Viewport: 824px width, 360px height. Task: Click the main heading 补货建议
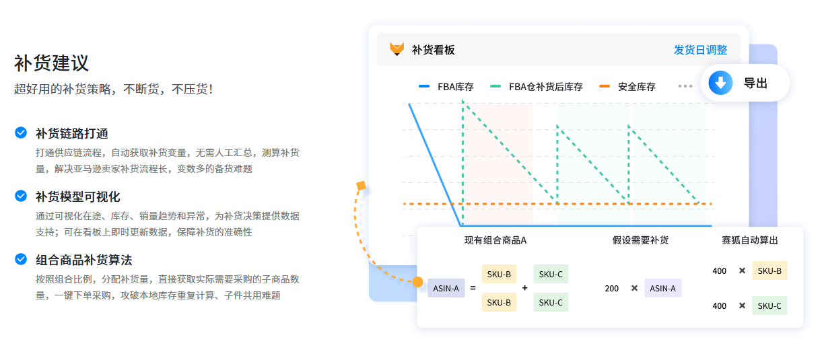pyautogui.click(x=51, y=63)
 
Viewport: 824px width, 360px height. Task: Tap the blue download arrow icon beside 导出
pyautogui.click(x=720, y=83)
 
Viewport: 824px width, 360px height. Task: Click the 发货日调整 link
pyautogui.click(x=700, y=50)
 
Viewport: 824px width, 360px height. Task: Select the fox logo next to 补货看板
pyautogui.click(x=397, y=50)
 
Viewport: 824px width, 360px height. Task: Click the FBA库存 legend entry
pyautogui.click(x=446, y=87)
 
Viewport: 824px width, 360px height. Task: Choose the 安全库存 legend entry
pyautogui.click(x=627, y=87)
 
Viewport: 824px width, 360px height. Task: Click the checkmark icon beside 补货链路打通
pyautogui.click(x=21, y=133)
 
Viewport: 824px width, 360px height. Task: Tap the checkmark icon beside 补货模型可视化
pyautogui.click(x=21, y=196)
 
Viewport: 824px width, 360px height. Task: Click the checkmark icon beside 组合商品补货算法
pyautogui.click(x=21, y=259)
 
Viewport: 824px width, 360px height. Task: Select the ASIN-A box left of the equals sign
pyautogui.click(x=446, y=288)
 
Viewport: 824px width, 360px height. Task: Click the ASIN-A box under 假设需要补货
pyautogui.click(x=663, y=288)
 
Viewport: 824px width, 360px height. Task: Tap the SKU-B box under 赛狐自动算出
pyautogui.click(x=769, y=271)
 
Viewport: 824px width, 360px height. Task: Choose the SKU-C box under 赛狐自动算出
pyautogui.click(x=769, y=305)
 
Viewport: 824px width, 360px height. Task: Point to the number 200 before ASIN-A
pyautogui.click(x=611, y=288)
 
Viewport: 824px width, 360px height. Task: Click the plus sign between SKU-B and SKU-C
pyautogui.click(x=525, y=288)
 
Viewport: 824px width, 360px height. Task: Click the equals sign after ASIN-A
pyautogui.click(x=473, y=288)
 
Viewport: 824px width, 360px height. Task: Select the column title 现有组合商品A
pyautogui.click(x=495, y=240)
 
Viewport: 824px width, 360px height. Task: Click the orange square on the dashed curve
pyautogui.click(x=361, y=185)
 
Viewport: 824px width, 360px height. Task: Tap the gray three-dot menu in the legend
pyautogui.click(x=685, y=86)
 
